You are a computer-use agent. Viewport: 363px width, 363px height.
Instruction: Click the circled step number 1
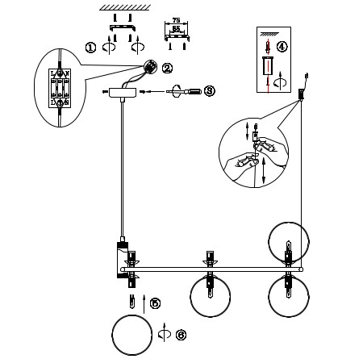click(90, 48)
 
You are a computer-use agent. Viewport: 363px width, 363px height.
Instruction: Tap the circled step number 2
click(167, 68)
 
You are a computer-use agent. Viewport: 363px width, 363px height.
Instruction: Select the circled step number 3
click(209, 91)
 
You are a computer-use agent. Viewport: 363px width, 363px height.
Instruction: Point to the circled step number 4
click(282, 46)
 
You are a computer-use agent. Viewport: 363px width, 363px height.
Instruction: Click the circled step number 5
click(156, 303)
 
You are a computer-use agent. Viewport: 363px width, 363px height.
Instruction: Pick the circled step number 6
click(181, 333)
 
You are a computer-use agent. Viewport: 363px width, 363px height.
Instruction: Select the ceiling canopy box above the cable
click(123, 93)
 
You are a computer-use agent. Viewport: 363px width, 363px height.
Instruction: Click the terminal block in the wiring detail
click(61, 88)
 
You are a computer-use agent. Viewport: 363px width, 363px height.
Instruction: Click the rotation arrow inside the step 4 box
click(278, 82)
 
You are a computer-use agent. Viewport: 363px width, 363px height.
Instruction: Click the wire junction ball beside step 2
click(150, 67)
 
